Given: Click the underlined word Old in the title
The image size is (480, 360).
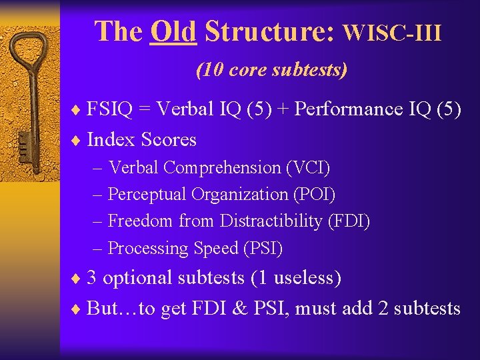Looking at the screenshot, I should [173, 31].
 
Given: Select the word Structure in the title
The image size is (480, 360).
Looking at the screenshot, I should [269, 31].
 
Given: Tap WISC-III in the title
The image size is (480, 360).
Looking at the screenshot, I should [392, 32].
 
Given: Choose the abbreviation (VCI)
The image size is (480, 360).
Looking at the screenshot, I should [307, 167].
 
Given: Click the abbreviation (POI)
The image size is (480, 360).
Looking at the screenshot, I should [313, 195].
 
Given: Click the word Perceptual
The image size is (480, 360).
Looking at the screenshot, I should [147, 195].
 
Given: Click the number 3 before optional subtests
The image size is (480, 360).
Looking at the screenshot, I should [93, 277].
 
